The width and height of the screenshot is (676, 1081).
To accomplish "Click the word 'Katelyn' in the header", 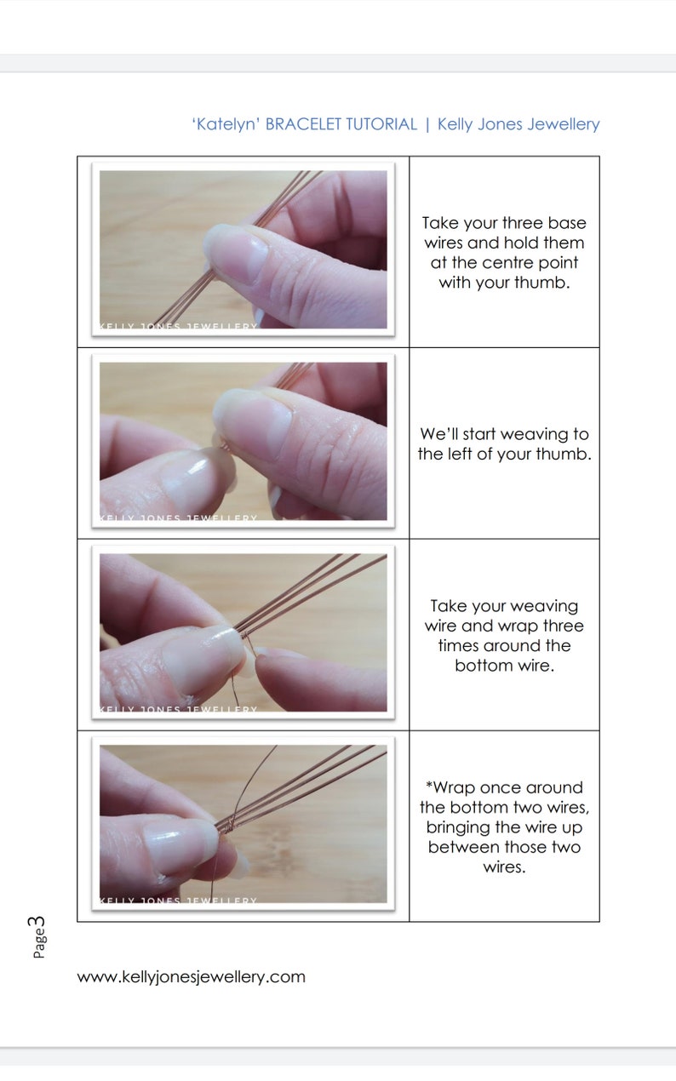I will click(226, 124).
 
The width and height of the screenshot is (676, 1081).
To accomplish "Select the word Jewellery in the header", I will click(563, 124).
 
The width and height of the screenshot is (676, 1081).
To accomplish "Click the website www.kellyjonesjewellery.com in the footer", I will click(191, 976).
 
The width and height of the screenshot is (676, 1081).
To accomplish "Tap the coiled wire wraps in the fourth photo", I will click(226, 821).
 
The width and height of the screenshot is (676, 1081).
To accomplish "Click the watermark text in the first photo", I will click(179, 326).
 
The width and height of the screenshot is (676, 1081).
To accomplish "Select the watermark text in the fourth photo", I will click(179, 900).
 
